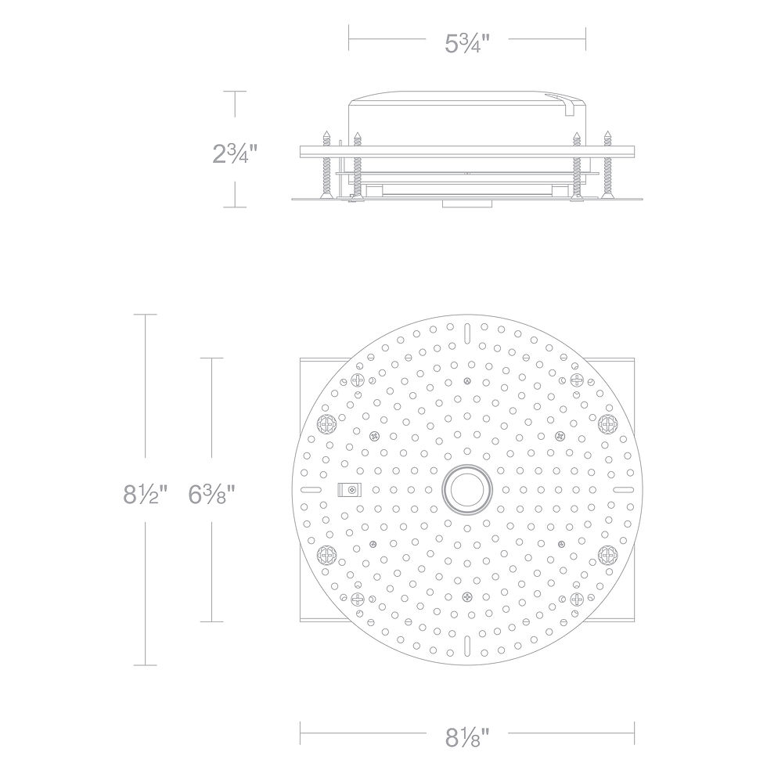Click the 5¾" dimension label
466,44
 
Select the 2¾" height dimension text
234,153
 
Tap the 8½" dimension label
146,494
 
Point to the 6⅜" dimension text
212,494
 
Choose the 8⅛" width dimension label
467,737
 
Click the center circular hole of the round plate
466,490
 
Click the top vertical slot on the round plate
467,330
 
